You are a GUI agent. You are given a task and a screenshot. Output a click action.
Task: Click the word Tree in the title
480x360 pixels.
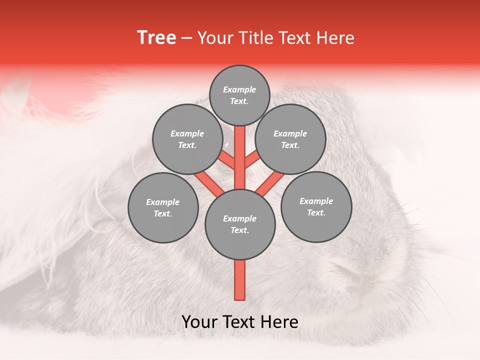[156, 38]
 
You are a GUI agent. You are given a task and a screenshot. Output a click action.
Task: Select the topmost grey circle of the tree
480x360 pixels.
[239, 95]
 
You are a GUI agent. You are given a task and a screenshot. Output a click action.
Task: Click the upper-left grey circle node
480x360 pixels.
[187, 139]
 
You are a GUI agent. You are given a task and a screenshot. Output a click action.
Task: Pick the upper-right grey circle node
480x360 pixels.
[290, 139]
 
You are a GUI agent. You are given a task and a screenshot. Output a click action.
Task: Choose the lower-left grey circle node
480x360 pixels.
[163, 207]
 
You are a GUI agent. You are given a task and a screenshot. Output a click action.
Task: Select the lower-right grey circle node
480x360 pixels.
[316, 206]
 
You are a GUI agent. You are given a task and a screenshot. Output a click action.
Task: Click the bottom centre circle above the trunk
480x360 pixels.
[240, 224]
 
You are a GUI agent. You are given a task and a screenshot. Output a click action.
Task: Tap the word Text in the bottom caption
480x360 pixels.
[238, 321]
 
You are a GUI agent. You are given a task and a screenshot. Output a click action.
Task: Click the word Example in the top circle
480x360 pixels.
[239, 89]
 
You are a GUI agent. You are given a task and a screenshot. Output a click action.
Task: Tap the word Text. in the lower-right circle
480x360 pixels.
[316, 212]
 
